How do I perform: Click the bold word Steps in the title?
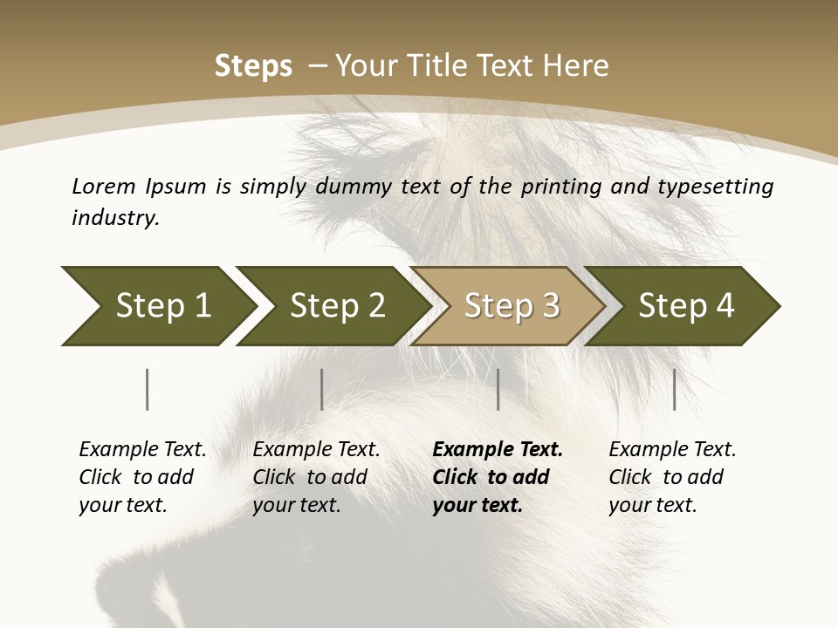coord(253,66)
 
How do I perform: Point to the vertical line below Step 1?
coord(148,389)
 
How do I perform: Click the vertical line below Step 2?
coord(322,389)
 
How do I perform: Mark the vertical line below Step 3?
coord(498,389)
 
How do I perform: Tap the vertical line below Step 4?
coord(675,389)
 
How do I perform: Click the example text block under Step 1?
coord(142,477)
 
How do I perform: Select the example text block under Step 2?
coord(316,477)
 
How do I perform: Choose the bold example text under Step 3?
coord(498,477)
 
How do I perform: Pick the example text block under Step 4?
coord(672,477)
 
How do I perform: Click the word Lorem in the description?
coord(104,187)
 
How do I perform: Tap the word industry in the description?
coord(115,218)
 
